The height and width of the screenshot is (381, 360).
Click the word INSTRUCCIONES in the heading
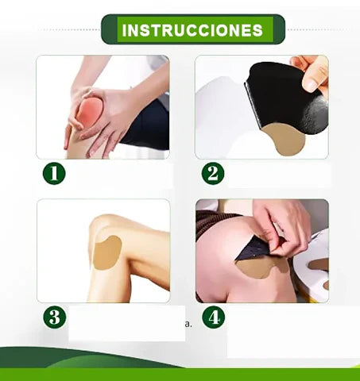192,30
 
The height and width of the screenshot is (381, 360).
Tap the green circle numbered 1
54,174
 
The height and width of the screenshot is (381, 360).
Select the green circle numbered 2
213,174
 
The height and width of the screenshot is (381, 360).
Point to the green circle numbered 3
55,317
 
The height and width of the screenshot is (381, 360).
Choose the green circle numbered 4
213,317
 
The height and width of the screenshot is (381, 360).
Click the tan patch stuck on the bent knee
106,253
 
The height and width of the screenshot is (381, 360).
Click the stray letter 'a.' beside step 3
188,324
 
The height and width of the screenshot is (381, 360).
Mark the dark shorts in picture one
149,125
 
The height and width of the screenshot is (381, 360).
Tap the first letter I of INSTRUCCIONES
124,30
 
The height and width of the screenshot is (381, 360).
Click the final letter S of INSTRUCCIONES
257,30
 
